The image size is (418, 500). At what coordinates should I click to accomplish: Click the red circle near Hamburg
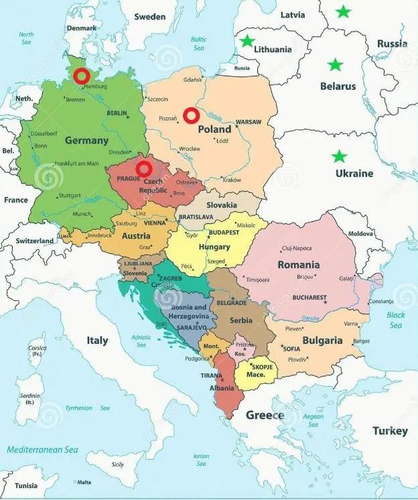click(82, 75)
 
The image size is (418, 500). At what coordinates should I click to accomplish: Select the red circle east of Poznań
click(191, 115)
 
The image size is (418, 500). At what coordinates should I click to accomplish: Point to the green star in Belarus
click(335, 65)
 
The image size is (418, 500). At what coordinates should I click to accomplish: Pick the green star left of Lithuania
click(247, 41)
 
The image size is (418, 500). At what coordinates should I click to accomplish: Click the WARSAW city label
click(249, 123)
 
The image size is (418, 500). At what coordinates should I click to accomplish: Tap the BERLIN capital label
click(117, 113)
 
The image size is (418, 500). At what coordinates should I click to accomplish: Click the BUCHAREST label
click(309, 298)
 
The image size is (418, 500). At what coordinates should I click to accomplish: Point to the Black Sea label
click(396, 320)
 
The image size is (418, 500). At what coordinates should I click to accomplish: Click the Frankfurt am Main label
click(76, 164)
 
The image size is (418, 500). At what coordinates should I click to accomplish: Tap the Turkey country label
click(391, 431)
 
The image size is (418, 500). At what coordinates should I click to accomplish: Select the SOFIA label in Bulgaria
click(291, 349)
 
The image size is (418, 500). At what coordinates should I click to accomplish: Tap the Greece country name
click(265, 415)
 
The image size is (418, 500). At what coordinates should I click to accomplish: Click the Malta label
click(84, 482)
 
